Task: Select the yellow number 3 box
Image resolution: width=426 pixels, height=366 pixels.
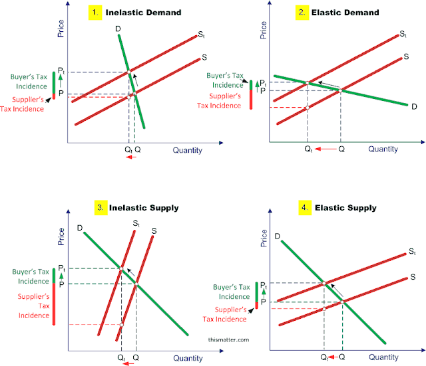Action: click(100, 208)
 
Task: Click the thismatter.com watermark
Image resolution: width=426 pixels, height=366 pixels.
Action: click(228, 339)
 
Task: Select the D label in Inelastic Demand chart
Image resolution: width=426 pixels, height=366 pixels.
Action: click(118, 29)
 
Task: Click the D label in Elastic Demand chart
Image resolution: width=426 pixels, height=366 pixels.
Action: click(413, 106)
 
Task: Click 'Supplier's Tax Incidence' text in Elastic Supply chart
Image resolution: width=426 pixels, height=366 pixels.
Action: click(232, 314)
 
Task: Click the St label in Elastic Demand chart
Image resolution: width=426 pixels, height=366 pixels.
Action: click(403, 33)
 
